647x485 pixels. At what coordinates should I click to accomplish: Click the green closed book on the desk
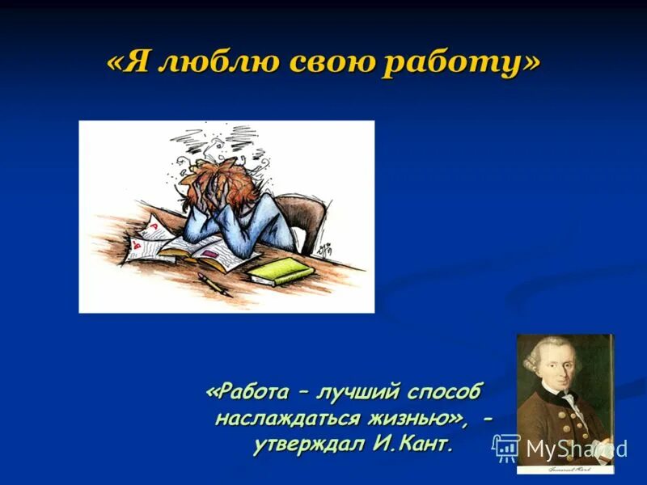click(280, 271)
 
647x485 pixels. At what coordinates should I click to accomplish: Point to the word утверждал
click(312, 445)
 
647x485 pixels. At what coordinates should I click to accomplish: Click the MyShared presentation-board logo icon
click(506, 447)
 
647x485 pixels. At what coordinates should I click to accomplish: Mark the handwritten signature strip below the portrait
click(566, 467)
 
